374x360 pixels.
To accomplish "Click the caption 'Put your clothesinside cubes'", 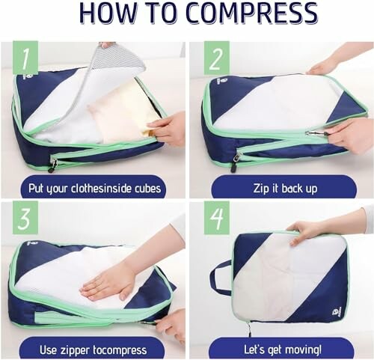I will [x=93, y=187].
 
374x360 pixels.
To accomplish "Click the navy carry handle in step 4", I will [x=219, y=278].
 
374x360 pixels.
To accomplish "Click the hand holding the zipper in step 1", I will [x=168, y=127].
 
